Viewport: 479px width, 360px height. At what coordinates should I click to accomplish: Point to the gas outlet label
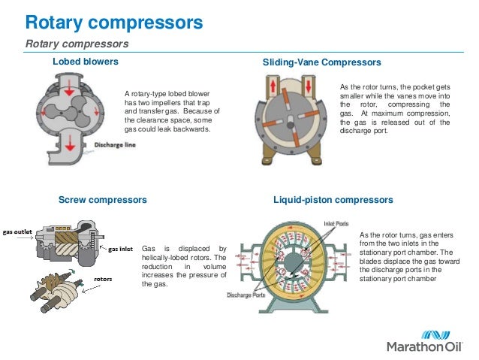[17, 232]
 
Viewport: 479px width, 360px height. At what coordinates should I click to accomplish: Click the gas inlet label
[122, 247]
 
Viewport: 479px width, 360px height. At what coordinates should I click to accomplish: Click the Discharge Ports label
[247, 294]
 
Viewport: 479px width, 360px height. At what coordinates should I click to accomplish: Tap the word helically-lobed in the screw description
[169, 258]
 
